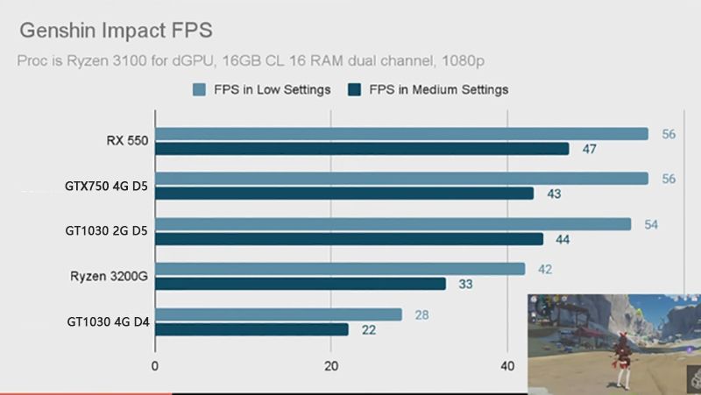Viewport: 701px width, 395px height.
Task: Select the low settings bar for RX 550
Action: coord(401,134)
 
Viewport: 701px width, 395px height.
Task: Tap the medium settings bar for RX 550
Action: coord(362,149)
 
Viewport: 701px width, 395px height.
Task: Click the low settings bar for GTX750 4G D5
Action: coord(401,179)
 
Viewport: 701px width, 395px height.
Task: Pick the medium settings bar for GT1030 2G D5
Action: coord(349,239)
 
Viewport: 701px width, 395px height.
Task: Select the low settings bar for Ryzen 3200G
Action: coord(340,269)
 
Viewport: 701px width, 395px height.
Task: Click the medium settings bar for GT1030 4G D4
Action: coord(251,329)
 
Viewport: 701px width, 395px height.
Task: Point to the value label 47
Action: coord(589,149)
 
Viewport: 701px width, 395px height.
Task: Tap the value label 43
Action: coord(553,194)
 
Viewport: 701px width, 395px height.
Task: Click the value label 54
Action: coord(651,224)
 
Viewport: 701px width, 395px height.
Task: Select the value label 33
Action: coord(465,284)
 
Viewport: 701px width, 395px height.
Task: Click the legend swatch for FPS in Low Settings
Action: coord(199,89)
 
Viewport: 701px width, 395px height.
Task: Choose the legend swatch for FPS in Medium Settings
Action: coord(354,89)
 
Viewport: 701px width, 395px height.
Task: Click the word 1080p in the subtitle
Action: coord(463,61)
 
